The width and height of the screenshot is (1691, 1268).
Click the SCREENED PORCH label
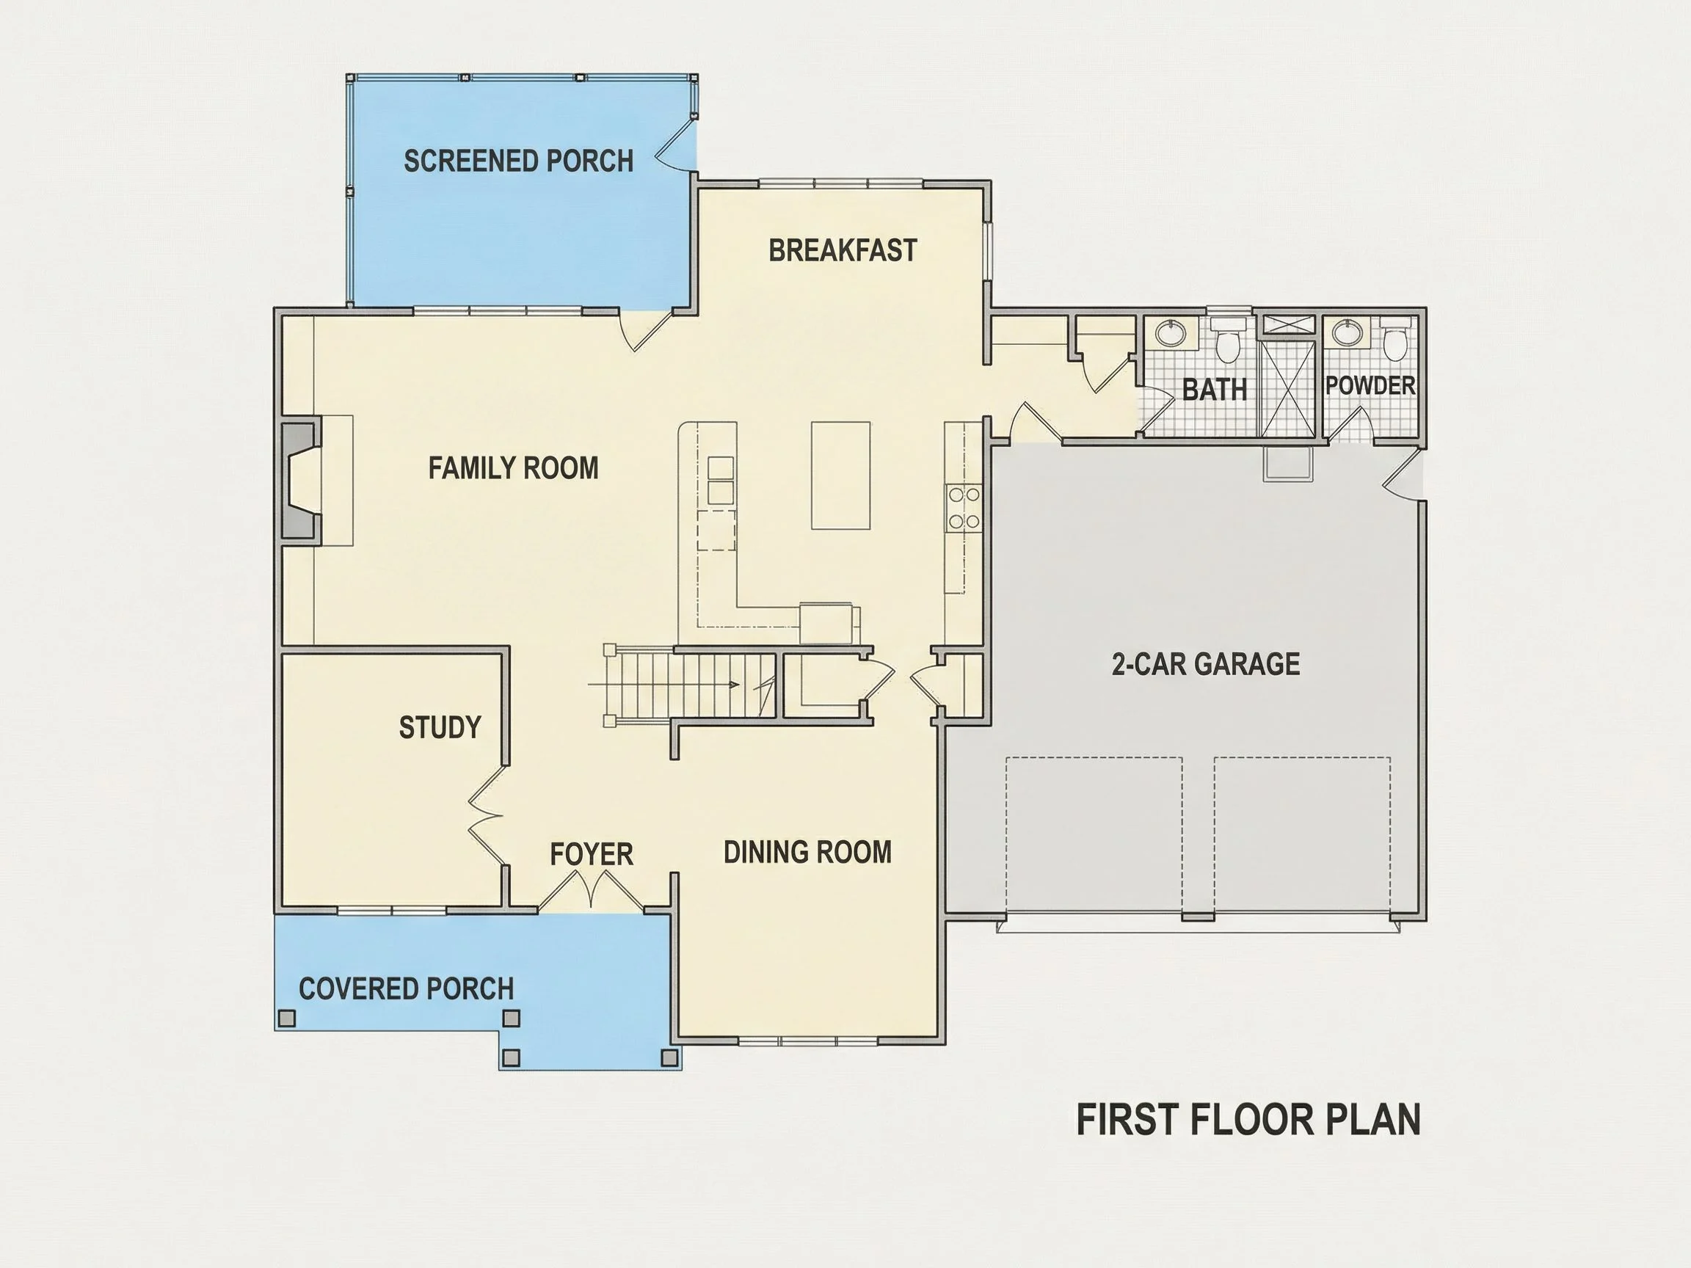pyautogui.click(x=518, y=161)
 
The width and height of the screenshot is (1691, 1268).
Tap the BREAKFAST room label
pyautogui.click(x=843, y=251)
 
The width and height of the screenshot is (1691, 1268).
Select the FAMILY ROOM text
pyautogui.click(x=513, y=467)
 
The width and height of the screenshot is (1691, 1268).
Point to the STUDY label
pyautogui.click(x=440, y=727)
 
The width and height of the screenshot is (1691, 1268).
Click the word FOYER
pyautogui.click(x=591, y=853)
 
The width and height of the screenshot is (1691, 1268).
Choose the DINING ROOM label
pyautogui.click(x=807, y=852)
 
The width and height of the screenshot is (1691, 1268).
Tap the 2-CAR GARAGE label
pyautogui.click(x=1206, y=663)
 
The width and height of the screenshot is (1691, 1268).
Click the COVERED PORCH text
pyautogui.click(x=406, y=988)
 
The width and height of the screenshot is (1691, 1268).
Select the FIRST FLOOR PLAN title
pyautogui.click(x=1248, y=1119)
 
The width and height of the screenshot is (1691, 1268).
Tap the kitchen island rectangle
pyautogui.click(x=840, y=475)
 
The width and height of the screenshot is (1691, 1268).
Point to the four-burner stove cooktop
pyautogui.click(x=963, y=509)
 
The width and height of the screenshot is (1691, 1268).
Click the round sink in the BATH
pyautogui.click(x=1170, y=333)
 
